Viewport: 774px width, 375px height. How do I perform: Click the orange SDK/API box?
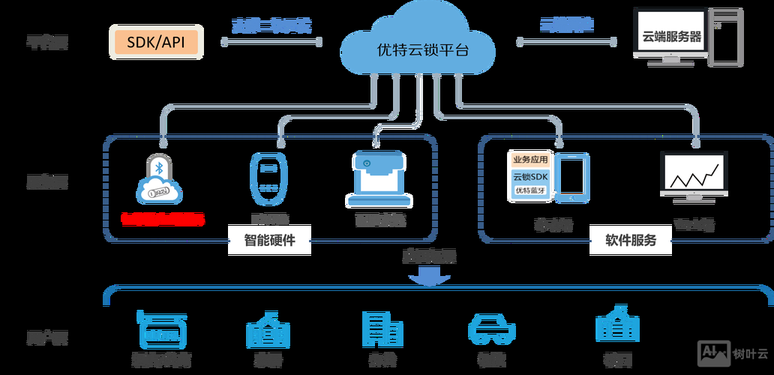tap(157, 42)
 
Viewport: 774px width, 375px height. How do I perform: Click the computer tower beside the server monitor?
tap(722, 37)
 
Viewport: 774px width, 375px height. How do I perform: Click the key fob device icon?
tap(269, 179)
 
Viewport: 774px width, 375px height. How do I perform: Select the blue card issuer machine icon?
tap(379, 180)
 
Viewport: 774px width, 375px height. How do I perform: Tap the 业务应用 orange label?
tap(530, 160)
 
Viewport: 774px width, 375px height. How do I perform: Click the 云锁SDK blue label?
tap(530, 177)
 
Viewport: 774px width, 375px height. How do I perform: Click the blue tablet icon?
tap(574, 178)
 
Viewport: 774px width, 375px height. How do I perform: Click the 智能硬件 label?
tap(269, 241)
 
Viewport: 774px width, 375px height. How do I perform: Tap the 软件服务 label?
tap(630, 241)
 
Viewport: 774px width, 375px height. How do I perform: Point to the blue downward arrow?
tap(429, 278)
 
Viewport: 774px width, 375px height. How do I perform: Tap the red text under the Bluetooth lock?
tap(163, 219)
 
